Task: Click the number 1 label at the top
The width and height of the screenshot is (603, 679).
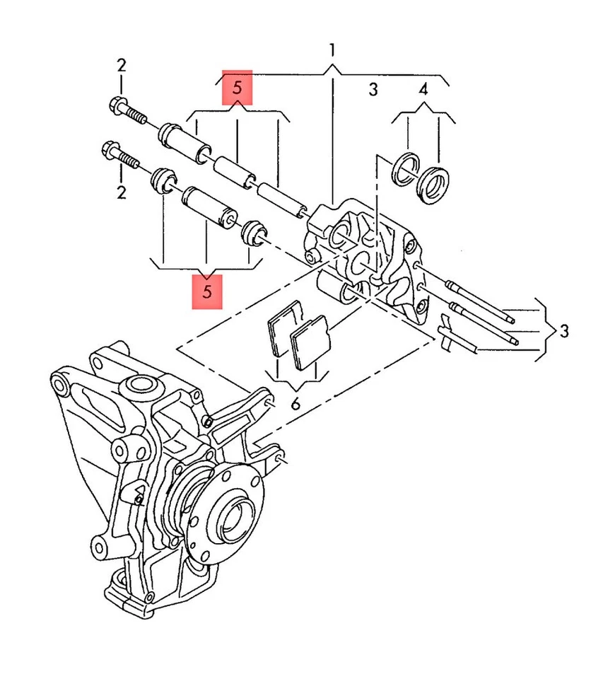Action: coord(332,50)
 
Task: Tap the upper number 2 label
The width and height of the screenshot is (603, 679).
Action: coord(122,66)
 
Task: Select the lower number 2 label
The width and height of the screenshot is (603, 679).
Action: coord(122,192)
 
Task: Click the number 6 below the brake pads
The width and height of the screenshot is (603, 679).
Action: coord(295,405)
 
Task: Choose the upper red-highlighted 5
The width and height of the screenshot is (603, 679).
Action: coord(237,88)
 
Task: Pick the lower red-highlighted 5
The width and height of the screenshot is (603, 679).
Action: coord(207,291)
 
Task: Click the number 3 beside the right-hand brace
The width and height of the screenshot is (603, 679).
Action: coord(563,330)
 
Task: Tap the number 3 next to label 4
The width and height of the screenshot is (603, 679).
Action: coord(373,89)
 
